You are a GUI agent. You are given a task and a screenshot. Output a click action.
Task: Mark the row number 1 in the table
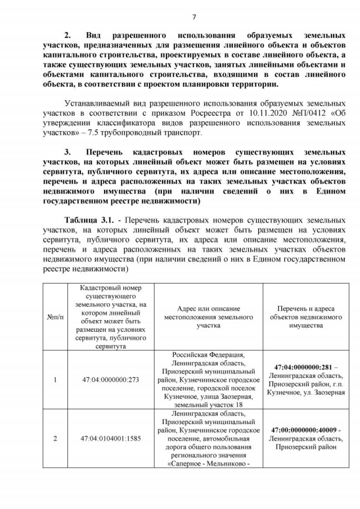click(x=55, y=380)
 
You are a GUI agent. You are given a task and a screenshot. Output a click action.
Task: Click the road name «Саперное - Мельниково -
click(x=209, y=464)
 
